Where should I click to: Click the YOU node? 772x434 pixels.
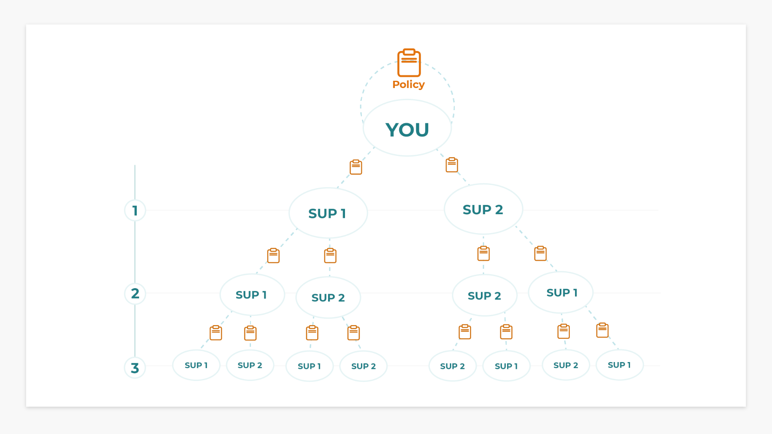[x=407, y=129]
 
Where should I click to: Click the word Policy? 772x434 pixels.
[x=408, y=84]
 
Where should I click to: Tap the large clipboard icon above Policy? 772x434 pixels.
[x=409, y=63]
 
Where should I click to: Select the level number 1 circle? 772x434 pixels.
[x=135, y=210]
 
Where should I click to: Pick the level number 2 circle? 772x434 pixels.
[x=135, y=293]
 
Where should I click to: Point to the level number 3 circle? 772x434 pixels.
[x=135, y=368]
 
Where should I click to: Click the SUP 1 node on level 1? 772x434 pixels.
[x=328, y=213]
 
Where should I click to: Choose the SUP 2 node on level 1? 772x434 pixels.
[x=483, y=209]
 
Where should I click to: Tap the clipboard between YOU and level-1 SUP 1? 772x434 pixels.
[x=356, y=167]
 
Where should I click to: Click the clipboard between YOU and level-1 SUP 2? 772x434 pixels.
[x=452, y=165]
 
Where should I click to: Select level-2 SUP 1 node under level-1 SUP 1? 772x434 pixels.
[x=252, y=295]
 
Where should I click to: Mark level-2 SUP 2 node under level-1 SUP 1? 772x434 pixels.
[x=328, y=297]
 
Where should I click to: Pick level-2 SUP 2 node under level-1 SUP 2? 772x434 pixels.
[x=484, y=296]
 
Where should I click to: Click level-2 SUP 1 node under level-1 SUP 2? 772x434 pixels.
[x=561, y=293]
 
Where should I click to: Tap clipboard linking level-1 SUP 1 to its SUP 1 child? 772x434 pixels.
[x=273, y=256]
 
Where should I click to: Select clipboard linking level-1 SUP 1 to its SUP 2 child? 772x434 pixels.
[x=330, y=256]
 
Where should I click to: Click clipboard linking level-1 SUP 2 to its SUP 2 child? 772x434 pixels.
[x=483, y=254]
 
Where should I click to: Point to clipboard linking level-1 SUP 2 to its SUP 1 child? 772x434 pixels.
[x=540, y=254]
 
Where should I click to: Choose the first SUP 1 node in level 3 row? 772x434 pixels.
[x=196, y=365]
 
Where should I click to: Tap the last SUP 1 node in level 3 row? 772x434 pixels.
[x=619, y=365]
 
